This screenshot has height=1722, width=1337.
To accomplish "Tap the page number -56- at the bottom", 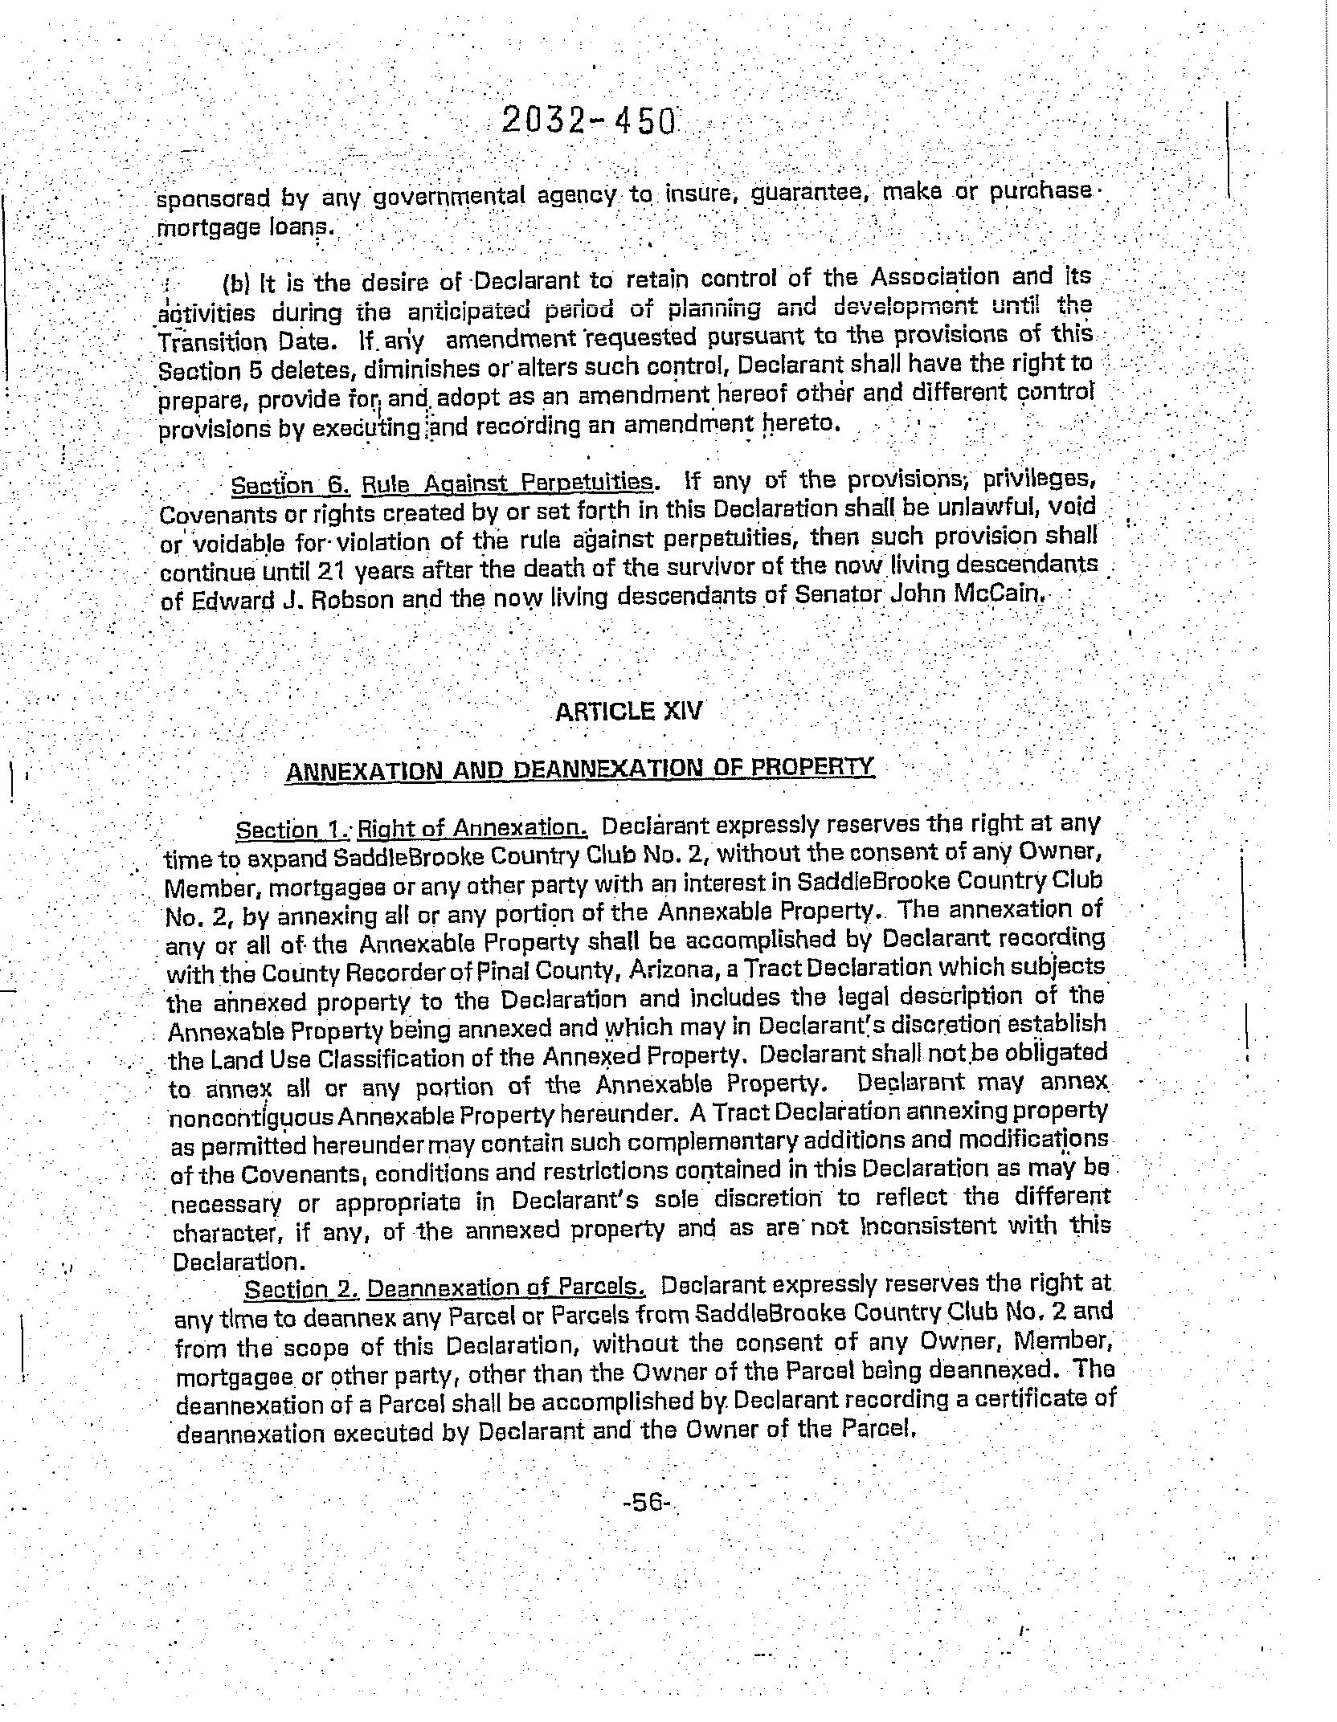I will coord(646,1501).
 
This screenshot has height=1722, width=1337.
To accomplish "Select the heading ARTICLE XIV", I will coord(629,712).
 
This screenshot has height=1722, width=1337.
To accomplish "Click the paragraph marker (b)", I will coord(235,284).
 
